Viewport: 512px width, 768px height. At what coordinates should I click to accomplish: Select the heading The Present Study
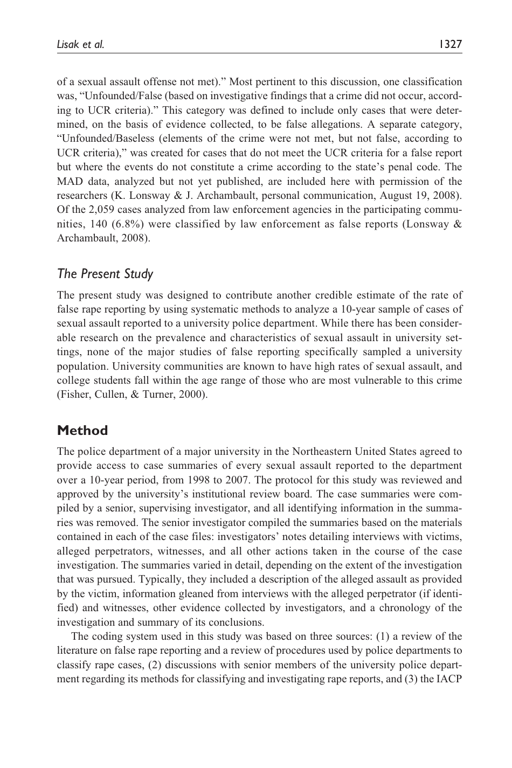pyautogui.click(x=105, y=274)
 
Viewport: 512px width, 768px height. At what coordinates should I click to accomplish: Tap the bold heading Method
pyautogui.click(x=82, y=431)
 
